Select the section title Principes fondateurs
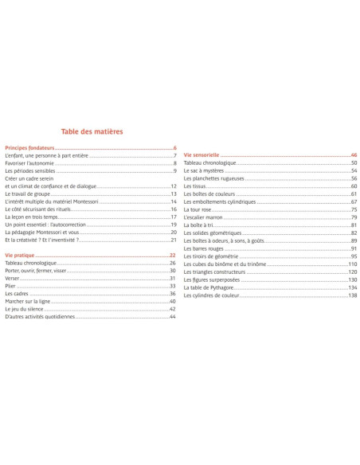coord(29,148)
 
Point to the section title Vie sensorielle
coord(202,154)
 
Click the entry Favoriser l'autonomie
coord(29,163)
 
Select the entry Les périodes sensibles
coord(29,171)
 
